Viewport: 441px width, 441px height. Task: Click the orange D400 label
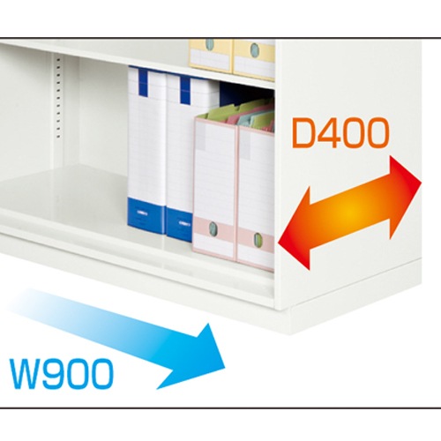click(x=340, y=133)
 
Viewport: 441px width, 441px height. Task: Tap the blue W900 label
click(x=61, y=373)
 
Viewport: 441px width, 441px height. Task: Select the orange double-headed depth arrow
click(x=349, y=213)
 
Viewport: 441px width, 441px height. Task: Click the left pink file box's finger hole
click(x=213, y=229)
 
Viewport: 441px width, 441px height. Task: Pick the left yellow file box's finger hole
click(x=209, y=44)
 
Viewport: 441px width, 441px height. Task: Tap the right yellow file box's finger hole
click(x=255, y=50)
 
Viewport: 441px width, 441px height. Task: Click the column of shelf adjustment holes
click(x=58, y=98)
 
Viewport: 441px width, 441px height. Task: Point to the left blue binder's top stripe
click(x=143, y=81)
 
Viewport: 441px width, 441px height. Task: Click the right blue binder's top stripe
click(x=185, y=90)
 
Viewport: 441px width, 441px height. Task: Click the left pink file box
click(x=215, y=188)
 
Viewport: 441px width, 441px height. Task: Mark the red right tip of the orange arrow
click(x=422, y=183)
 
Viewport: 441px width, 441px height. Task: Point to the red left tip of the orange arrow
click(x=279, y=243)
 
